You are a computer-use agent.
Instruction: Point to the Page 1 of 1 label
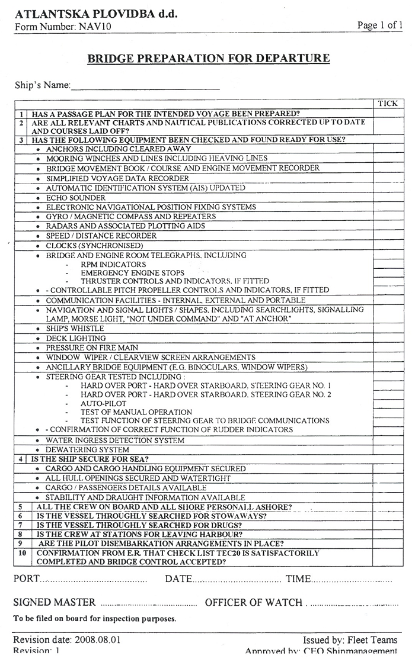coord(379,25)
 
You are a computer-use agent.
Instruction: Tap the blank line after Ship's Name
coord(145,86)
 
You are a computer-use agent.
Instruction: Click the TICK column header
coord(388,104)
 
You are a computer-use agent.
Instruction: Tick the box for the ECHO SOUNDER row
coord(388,198)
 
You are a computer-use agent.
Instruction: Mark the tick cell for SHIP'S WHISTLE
coord(388,329)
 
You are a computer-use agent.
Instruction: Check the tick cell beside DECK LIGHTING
coord(388,339)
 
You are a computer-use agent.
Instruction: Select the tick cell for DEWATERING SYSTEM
coord(388,450)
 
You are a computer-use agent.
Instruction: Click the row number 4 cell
coord(21,459)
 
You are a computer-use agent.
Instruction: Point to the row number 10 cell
coord(22,553)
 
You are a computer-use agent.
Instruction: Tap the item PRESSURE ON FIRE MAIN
coord(92,348)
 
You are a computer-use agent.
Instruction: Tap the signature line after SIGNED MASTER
coord(148,604)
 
